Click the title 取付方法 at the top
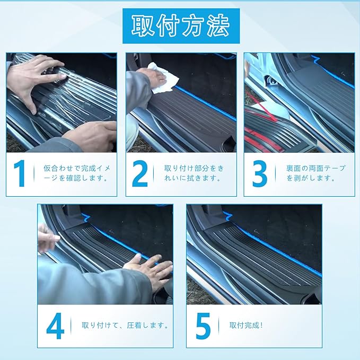click(x=181, y=25)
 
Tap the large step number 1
click(x=20, y=173)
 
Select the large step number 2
click(x=140, y=173)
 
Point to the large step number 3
click(x=260, y=173)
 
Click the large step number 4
click(x=55, y=326)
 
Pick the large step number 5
click(x=204, y=326)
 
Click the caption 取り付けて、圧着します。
click(x=125, y=326)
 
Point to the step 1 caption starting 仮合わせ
click(x=77, y=173)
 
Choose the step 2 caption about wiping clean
click(x=194, y=173)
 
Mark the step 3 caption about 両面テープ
click(x=315, y=173)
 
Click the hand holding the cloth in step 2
click(x=154, y=78)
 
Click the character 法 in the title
click(x=218, y=25)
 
